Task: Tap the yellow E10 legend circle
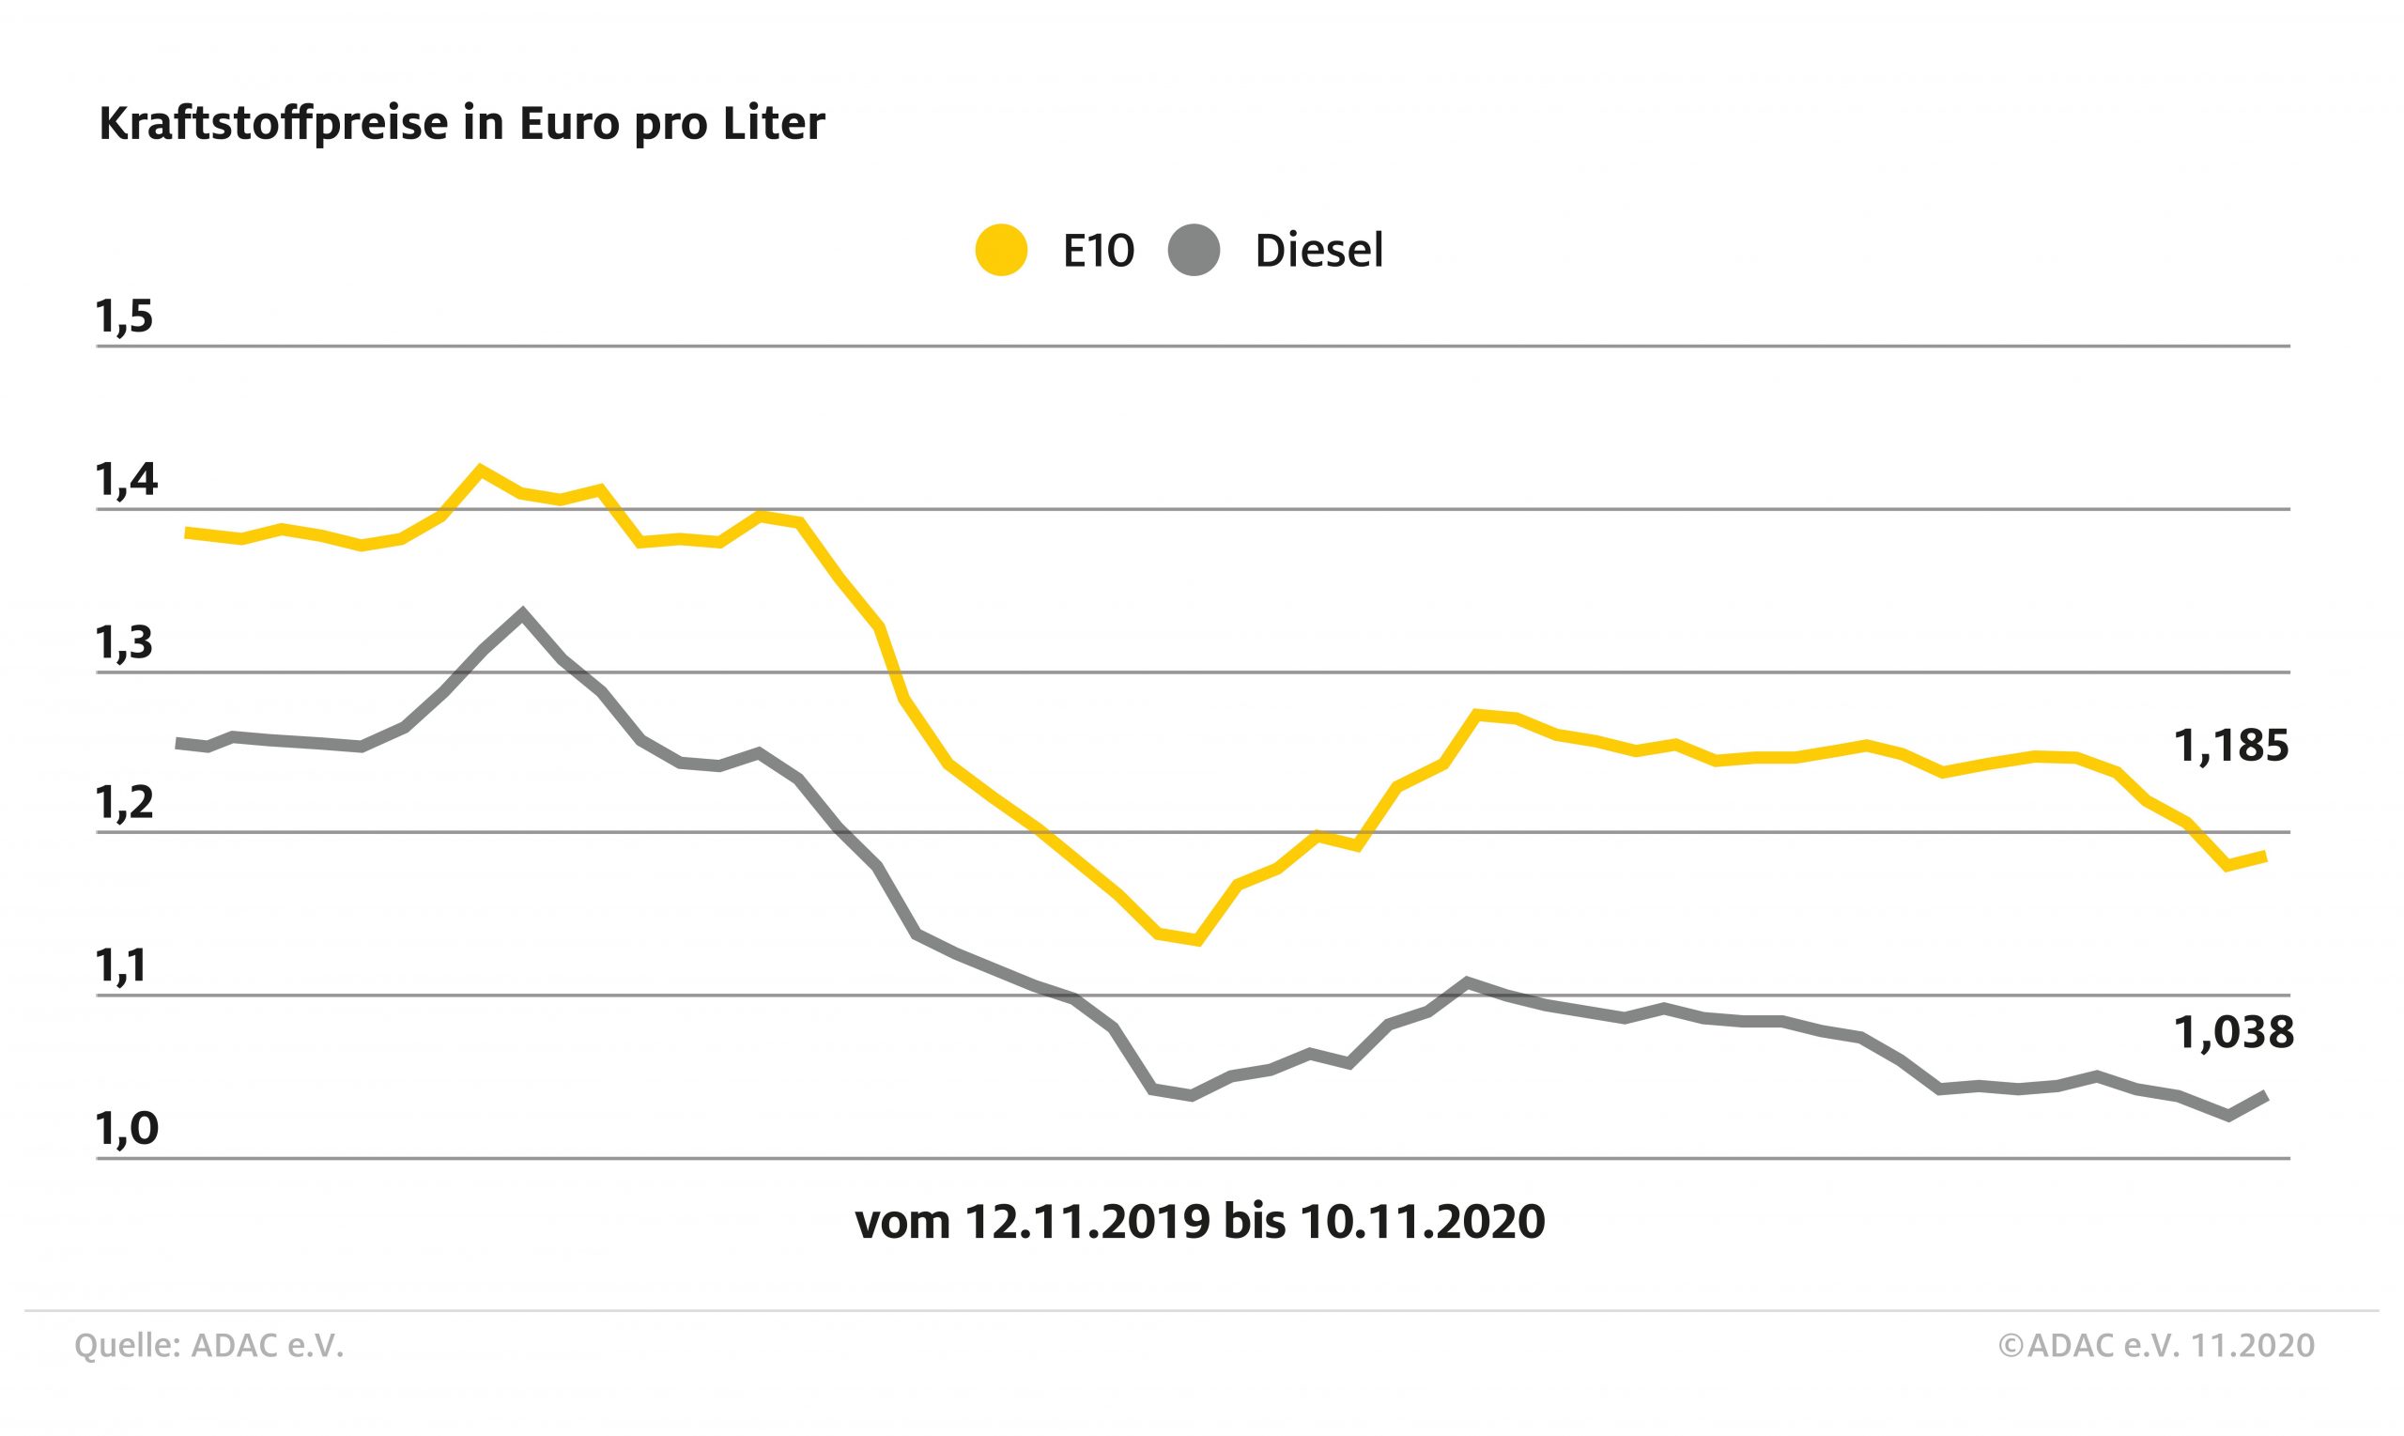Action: (1000, 251)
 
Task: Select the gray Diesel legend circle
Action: (1194, 251)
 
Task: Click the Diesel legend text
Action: (1318, 251)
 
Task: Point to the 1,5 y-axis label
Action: (125, 317)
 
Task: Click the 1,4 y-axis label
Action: (125, 480)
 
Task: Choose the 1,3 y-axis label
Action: (125, 643)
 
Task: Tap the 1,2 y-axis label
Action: (125, 804)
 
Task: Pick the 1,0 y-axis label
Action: (125, 1129)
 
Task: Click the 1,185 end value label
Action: (2231, 746)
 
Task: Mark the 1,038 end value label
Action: (2233, 1033)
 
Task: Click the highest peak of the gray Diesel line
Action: (522, 613)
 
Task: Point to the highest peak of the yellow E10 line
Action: (480, 471)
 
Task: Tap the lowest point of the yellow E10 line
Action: (1197, 939)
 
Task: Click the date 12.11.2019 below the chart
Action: (1087, 1222)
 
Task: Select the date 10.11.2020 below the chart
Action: (1422, 1222)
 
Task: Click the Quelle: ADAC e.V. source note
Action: (209, 1346)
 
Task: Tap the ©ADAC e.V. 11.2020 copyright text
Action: (2155, 1346)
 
